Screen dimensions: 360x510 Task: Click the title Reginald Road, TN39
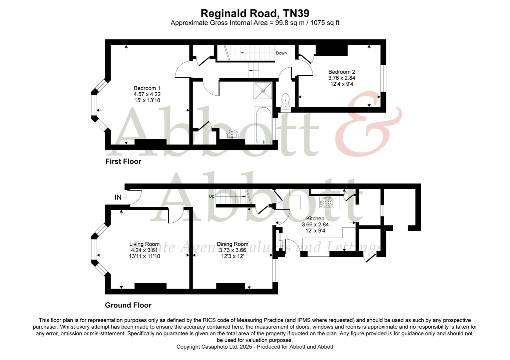[255, 13]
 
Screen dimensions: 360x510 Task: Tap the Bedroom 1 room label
[145, 88]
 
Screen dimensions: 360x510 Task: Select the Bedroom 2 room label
[342, 72]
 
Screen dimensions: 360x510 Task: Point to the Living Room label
[144, 244]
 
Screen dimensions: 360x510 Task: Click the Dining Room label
[232, 244]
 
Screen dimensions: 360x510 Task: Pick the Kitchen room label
[315, 218]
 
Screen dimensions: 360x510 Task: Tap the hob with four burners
[326, 202]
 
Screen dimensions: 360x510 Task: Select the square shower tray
[264, 91]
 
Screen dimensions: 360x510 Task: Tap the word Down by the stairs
[281, 53]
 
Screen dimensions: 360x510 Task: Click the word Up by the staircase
[211, 196]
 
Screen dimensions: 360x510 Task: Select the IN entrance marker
[118, 197]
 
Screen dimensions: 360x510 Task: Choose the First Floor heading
[123, 161]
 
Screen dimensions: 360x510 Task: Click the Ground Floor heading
[128, 305]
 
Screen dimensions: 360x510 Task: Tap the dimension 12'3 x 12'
[232, 256]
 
